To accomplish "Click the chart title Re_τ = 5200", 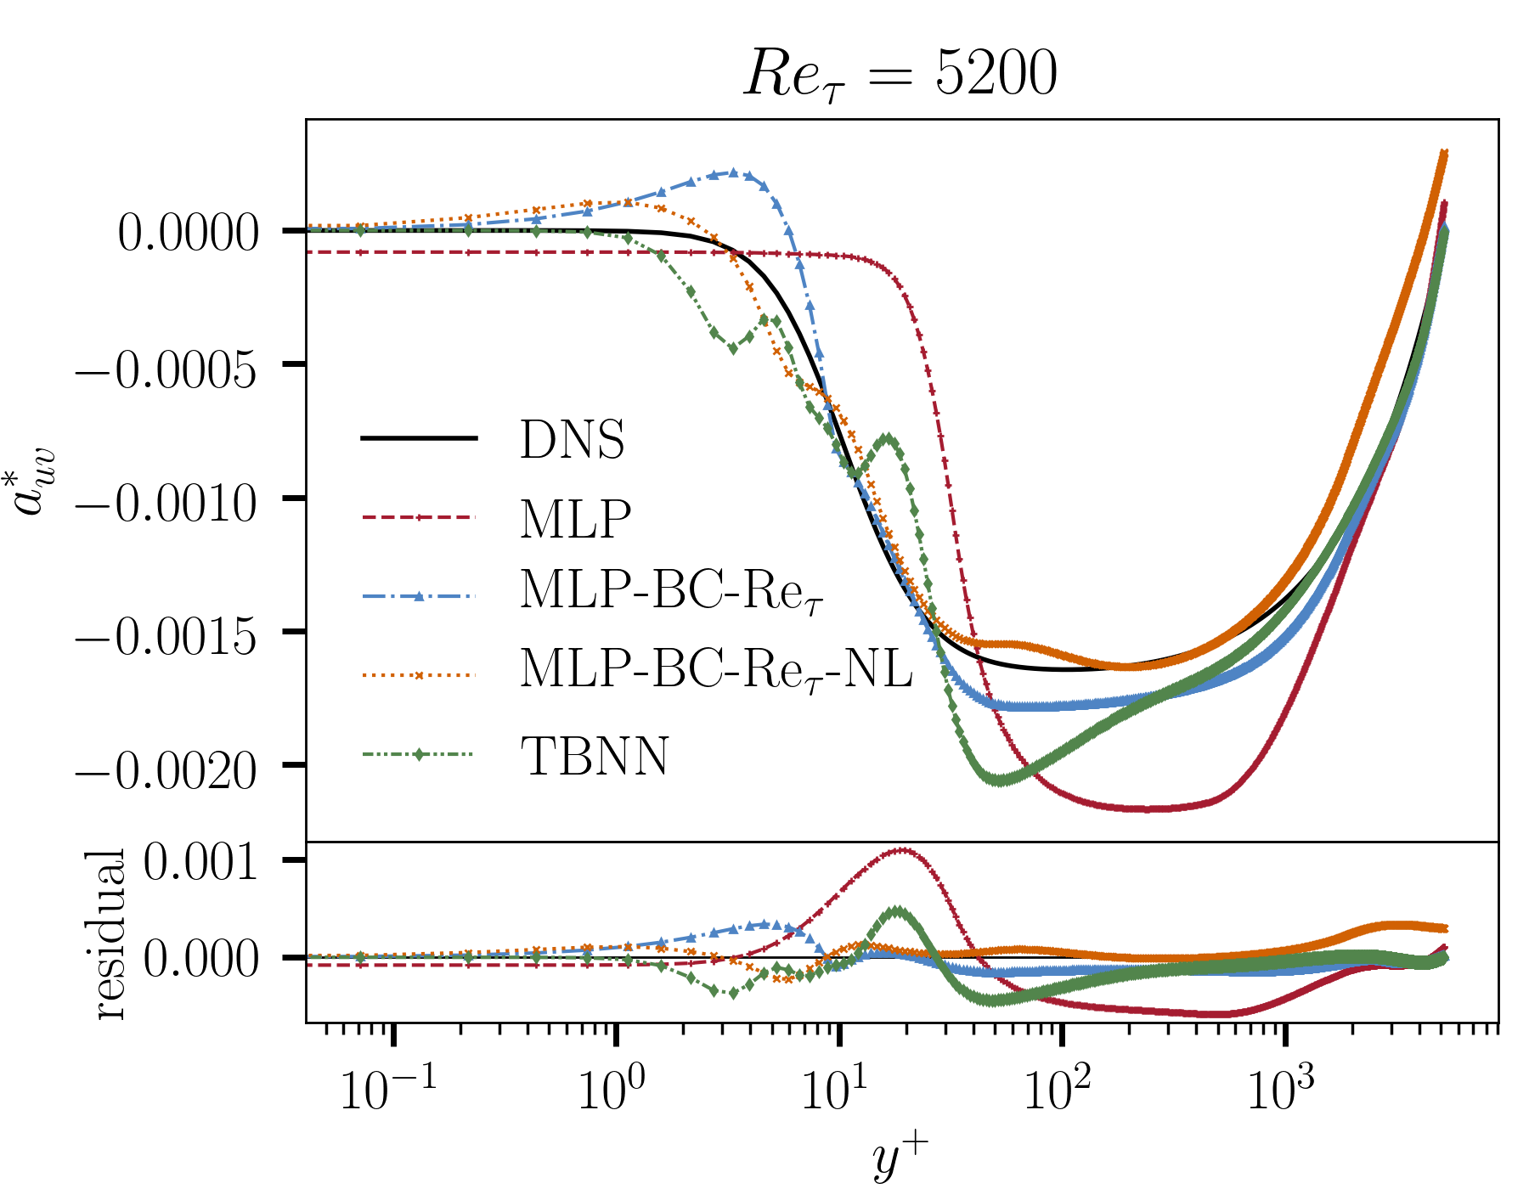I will pyautogui.click(x=900, y=75).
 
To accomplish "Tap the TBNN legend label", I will pyautogui.click(x=595, y=756).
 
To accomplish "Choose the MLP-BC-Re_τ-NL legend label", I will pyautogui.click(x=715, y=669).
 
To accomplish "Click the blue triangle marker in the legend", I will pyautogui.click(x=418, y=596).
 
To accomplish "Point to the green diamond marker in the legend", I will pyautogui.click(x=418, y=754).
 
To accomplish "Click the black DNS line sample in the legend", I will pyautogui.click(x=418, y=438).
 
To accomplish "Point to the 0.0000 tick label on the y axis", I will pyautogui.click(x=188, y=233).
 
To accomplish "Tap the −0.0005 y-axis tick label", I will pyautogui.click(x=167, y=369).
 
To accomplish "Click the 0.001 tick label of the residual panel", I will pyautogui.click(x=200, y=863).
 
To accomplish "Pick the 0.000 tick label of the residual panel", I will pyautogui.click(x=200, y=960).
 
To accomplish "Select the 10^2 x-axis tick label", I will pyautogui.click(x=1057, y=1090).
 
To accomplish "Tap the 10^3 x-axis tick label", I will pyautogui.click(x=1280, y=1090).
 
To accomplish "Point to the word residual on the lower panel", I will pyautogui.click(x=112, y=934).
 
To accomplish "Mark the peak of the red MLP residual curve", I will pyautogui.click(x=902, y=849).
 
